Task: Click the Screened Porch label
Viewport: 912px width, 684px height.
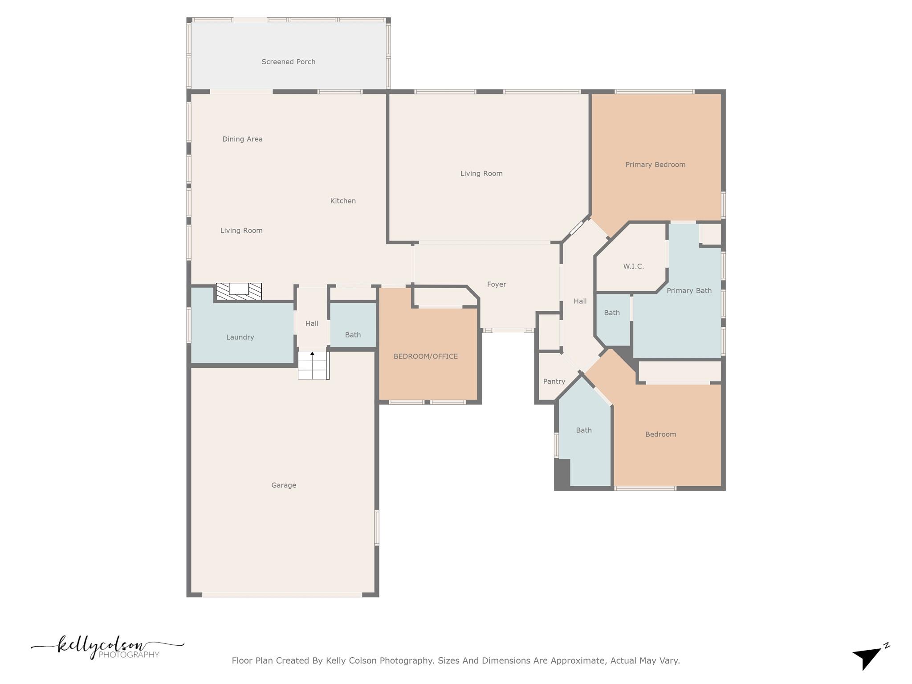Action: (x=288, y=62)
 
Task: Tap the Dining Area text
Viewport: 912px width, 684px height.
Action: (x=242, y=139)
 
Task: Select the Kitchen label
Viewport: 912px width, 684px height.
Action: (x=343, y=201)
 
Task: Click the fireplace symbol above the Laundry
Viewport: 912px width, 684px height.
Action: (x=239, y=291)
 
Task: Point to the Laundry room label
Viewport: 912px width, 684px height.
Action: (x=240, y=337)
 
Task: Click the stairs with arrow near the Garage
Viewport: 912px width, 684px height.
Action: (x=313, y=365)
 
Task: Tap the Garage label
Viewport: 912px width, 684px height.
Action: (x=284, y=485)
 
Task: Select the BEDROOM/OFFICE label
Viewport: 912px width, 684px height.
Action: (x=425, y=356)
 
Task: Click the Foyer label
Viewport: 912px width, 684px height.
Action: (x=496, y=284)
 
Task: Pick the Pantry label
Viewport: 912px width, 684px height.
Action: (x=554, y=382)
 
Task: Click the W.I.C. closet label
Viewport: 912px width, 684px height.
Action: (x=633, y=266)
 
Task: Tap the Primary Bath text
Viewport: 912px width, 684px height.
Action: (x=689, y=291)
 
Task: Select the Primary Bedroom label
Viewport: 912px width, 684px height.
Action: (x=655, y=165)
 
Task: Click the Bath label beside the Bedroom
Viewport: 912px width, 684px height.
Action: (x=583, y=430)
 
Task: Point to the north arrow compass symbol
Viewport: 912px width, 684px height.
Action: (x=869, y=656)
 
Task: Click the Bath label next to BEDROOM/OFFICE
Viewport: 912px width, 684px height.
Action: (x=353, y=335)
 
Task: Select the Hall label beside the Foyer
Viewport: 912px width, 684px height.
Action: (x=580, y=301)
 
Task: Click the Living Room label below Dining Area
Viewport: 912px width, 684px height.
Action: (x=241, y=231)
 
